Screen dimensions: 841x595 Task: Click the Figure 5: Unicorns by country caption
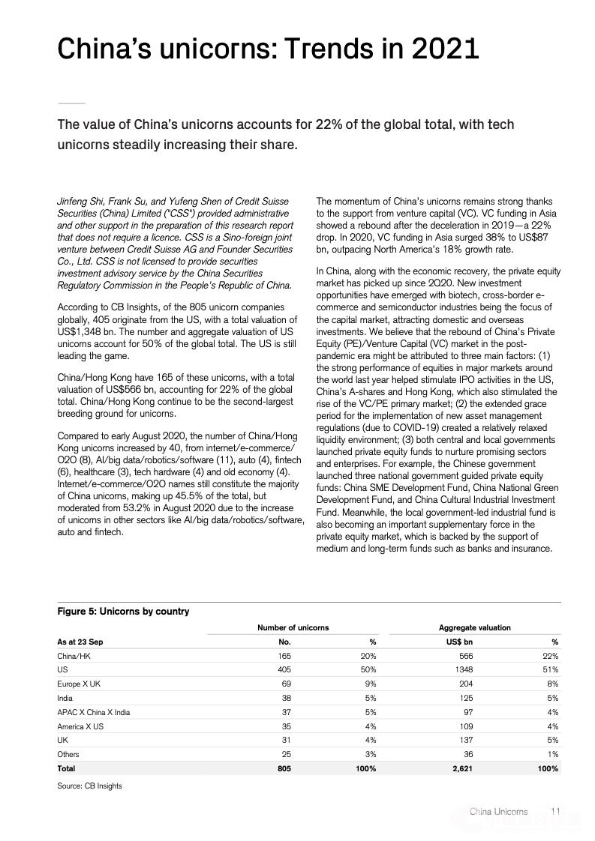pos(123,611)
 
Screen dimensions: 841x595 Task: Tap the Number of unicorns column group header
pos(293,627)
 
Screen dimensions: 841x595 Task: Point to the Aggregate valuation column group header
pos(474,627)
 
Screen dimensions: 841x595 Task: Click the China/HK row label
pos(74,656)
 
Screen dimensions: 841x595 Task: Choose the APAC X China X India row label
pos(94,712)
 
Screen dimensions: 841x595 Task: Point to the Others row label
pos(68,754)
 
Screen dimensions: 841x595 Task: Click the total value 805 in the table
pos(283,768)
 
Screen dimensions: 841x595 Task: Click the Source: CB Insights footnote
pos(89,786)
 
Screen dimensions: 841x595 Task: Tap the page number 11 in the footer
pos(556,811)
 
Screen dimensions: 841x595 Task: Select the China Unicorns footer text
pos(498,811)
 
